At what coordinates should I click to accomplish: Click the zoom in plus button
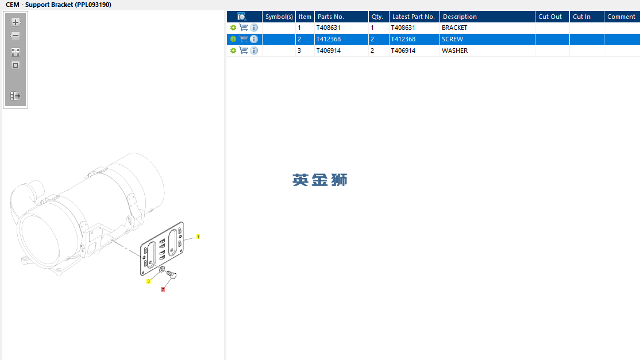click(x=16, y=22)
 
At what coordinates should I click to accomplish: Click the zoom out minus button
click(x=16, y=36)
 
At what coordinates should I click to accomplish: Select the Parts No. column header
click(x=330, y=17)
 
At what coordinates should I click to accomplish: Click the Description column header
click(x=460, y=17)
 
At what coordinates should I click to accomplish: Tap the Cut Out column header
click(x=550, y=17)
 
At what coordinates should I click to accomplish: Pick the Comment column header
click(x=621, y=17)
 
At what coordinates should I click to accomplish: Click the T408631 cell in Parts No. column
click(x=328, y=28)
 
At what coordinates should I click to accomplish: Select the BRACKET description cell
click(x=454, y=28)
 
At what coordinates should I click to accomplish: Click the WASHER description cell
click(x=454, y=51)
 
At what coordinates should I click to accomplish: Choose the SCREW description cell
click(x=452, y=39)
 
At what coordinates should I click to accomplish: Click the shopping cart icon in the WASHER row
click(x=244, y=51)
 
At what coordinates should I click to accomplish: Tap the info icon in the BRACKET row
click(x=254, y=28)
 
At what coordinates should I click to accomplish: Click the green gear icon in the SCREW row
click(x=233, y=39)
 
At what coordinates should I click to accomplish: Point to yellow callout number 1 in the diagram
click(x=198, y=237)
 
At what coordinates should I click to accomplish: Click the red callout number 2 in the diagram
click(x=163, y=289)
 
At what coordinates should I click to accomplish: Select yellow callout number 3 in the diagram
click(x=149, y=281)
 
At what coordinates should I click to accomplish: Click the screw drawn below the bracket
click(x=171, y=275)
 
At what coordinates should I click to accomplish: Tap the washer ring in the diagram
click(x=161, y=269)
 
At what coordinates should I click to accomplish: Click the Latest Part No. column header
click(x=414, y=17)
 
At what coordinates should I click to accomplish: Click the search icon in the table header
click(x=242, y=17)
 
